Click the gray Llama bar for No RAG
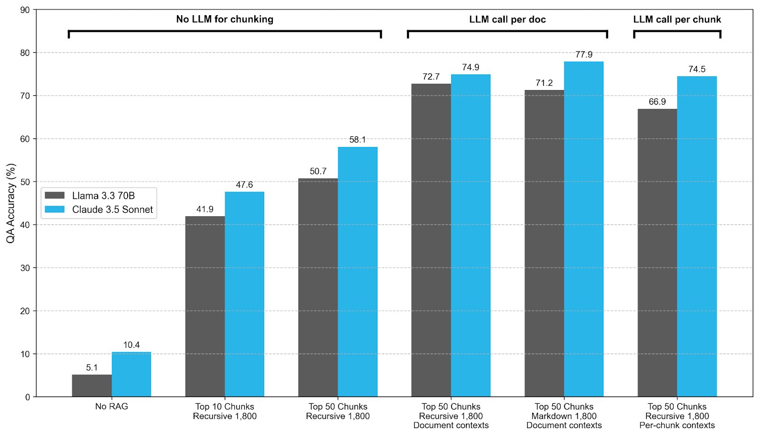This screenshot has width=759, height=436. point(92,386)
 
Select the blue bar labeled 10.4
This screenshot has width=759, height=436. point(131,374)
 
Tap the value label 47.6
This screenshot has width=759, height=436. point(244,185)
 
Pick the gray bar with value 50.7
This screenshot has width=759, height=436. point(318,288)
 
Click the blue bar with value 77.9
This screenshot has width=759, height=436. point(583,229)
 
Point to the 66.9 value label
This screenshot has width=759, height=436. point(657,102)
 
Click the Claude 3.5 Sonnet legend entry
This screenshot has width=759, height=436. point(112,209)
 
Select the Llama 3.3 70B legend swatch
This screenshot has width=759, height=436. point(55,196)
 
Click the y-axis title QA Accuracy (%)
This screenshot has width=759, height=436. point(11,203)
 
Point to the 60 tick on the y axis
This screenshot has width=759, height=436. point(25,139)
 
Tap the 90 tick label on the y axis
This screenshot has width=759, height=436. point(25,10)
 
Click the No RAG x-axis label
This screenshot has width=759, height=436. point(111,407)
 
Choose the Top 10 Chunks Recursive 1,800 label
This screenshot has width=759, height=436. point(224,411)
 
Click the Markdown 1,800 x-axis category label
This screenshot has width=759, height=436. point(564,416)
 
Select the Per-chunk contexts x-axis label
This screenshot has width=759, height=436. point(677,425)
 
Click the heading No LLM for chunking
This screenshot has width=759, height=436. point(224,19)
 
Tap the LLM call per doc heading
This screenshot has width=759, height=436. point(507,19)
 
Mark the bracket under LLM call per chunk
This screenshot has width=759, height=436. point(677,32)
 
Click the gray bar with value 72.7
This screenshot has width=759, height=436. point(431,240)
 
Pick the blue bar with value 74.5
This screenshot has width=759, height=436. point(696,236)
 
